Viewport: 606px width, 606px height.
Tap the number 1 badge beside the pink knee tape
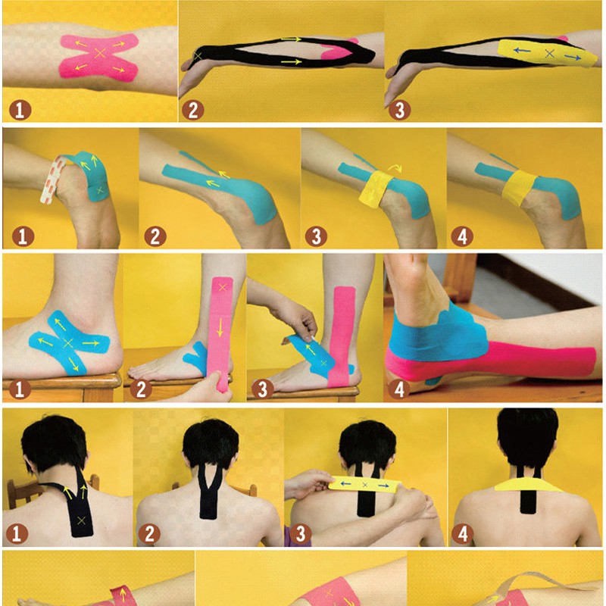20,110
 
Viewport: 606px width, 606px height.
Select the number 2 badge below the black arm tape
192,110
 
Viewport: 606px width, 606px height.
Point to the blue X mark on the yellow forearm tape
549,54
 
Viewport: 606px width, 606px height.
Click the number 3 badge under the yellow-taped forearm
400,110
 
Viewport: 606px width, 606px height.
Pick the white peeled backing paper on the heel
52,179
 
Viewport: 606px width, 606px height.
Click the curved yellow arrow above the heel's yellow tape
395,167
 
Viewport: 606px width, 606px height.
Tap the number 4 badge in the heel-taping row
462,236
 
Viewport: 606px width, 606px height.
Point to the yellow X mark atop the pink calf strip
222,287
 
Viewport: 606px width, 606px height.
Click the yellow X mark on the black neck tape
81,520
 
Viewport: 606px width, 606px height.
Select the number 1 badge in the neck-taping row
17,534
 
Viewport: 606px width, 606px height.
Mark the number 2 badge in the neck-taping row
149,534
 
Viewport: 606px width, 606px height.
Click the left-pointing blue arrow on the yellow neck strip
345,483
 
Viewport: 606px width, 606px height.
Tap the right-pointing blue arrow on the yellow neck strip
383,485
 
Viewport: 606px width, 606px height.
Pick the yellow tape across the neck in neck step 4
528,484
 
